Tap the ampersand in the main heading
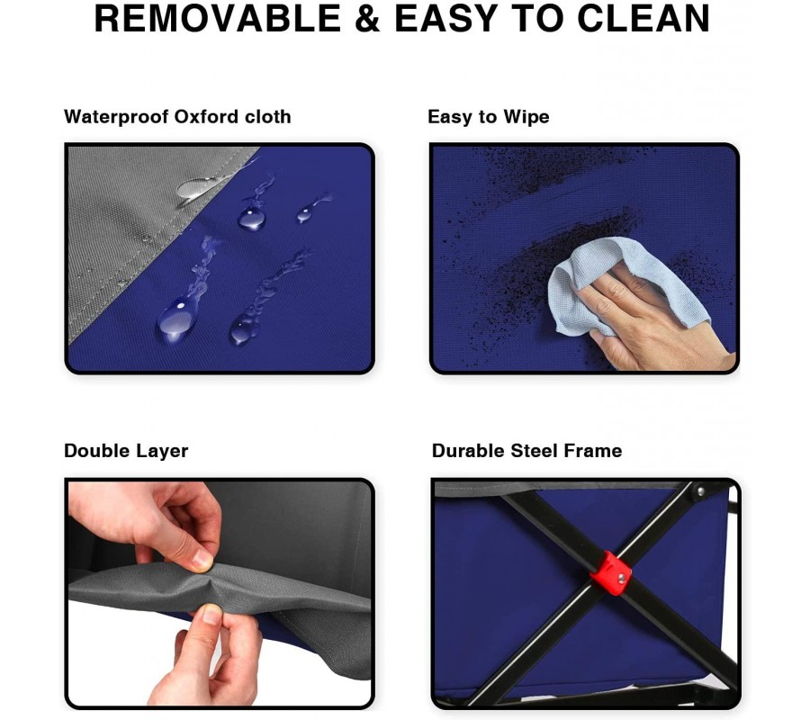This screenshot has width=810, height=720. tap(367, 19)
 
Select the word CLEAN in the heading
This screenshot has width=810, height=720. tap(643, 19)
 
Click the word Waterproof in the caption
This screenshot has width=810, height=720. tap(116, 117)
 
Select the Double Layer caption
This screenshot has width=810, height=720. tap(126, 451)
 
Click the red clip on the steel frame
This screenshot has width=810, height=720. tap(610, 571)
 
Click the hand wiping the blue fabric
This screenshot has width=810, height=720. tap(656, 320)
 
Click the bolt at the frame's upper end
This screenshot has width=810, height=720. tap(700, 490)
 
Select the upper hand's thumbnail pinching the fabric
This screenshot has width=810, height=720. tap(202, 560)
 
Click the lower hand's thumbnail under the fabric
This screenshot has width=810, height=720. tap(211, 614)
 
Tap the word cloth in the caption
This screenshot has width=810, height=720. tap(267, 116)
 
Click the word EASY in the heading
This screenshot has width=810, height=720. tap(446, 19)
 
